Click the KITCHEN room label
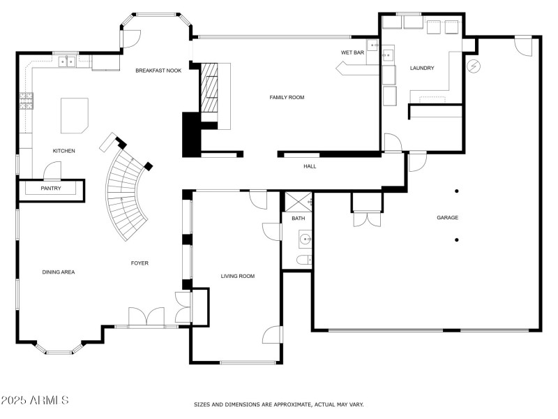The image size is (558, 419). (63, 151)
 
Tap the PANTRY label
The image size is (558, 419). (51, 188)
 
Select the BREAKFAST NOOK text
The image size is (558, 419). (158, 70)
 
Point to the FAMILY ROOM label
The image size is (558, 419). (287, 97)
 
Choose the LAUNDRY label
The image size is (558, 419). (422, 68)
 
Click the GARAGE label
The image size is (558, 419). (447, 217)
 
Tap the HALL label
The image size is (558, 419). (310, 166)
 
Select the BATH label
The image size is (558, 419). (298, 219)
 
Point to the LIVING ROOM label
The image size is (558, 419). (237, 276)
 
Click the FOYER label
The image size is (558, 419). (139, 263)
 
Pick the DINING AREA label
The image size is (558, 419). (59, 272)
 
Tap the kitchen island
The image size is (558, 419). (75, 115)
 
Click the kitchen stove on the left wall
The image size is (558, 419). (27, 102)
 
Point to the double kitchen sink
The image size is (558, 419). (68, 62)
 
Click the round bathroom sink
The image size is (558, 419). (305, 241)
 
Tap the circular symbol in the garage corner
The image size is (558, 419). (474, 66)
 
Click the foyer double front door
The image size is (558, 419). (146, 317)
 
